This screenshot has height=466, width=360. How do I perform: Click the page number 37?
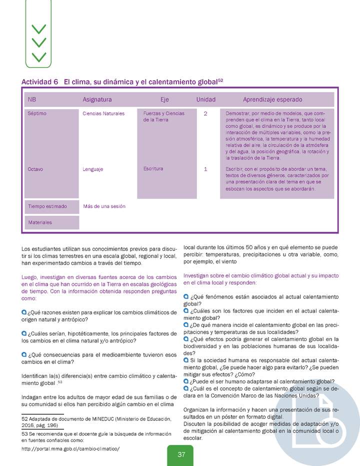tap(181, 454)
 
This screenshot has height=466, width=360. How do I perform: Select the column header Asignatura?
tap(97, 99)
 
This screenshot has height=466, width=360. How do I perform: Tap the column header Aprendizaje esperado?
tap(272, 99)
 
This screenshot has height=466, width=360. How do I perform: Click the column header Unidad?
tap(205, 99)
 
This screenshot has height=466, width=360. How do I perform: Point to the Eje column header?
tap(164, 99)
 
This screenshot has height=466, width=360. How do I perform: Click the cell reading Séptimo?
tap(37, 113)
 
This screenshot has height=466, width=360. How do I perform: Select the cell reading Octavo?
tap(35, 169)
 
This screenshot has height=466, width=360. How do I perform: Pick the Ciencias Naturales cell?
tap(103, 113)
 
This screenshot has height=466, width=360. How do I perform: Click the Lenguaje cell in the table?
tap(93, 169)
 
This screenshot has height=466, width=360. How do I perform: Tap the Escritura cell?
tap(153, 169)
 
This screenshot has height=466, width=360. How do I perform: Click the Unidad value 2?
tap(205, 113)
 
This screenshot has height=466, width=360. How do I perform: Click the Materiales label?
tap(40, 222)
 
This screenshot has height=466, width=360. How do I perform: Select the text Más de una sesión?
tap(104, 206)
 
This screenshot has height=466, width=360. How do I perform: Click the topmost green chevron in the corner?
tap(38, 28)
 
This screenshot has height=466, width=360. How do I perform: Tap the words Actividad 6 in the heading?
tap(40, 82)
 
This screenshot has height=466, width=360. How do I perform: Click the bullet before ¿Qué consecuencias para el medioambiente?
tap(24, 354)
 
